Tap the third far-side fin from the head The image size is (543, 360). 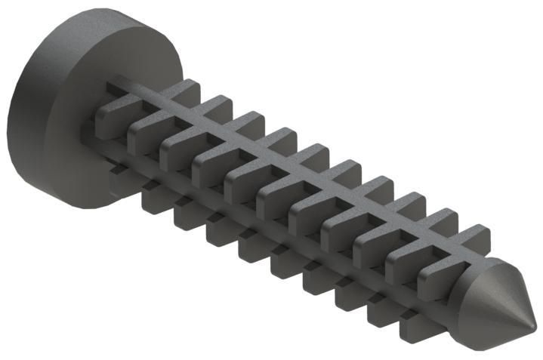pyautogui.click(x=250, y=123)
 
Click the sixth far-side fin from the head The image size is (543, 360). pyautogui.click(x=347, y=171)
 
